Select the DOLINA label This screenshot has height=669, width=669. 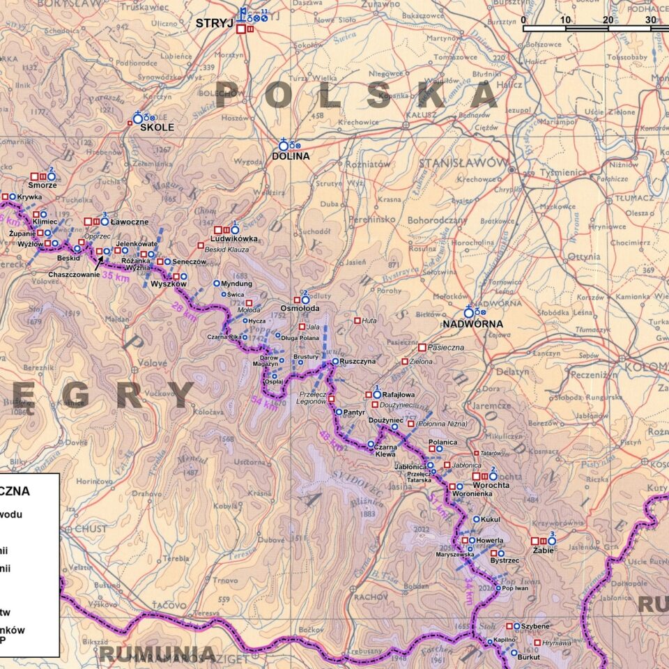tap(291, 156)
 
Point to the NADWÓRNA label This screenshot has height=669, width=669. tap(472, 324)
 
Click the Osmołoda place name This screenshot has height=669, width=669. tap(300, 308)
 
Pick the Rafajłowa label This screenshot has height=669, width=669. tap(398, 394)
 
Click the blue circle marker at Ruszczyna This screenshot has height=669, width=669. tap(334, 361)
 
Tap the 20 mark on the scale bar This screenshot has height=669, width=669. tap(608, 20)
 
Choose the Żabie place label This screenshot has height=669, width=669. tap(541, 550)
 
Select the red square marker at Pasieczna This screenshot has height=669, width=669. tap(422, 347)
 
